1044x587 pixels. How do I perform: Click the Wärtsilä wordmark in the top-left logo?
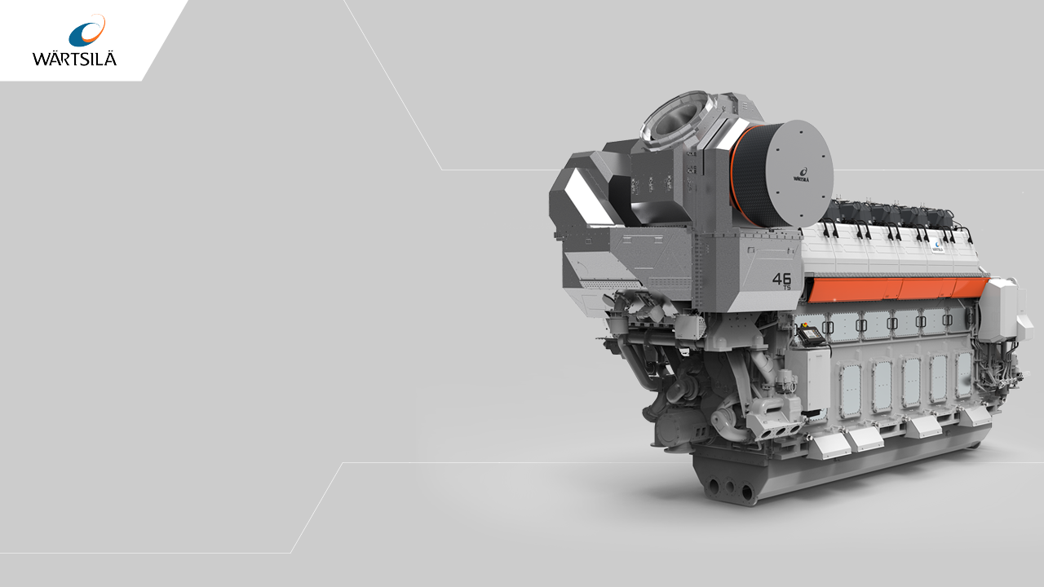pyautogui.click(x=74, y=60)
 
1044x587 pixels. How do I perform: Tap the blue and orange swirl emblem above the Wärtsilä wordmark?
pyautogui.click(x=87, y=31)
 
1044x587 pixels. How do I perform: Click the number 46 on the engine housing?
pyautogui.click(x=781, y=279)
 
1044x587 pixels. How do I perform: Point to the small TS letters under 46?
pyautogui.click(x=787, y=288)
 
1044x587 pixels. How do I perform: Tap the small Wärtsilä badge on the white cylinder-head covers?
pyautogui.click(x=938, y=247)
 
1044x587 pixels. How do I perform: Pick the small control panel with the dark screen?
pyautogui.click(x=812, y=334)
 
